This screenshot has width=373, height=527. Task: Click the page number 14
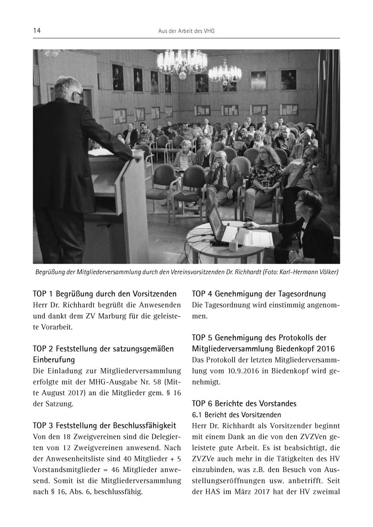pyautogui.click(x=37, y=31)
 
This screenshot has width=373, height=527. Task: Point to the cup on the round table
pyautogui.click(x=233, y=245)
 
